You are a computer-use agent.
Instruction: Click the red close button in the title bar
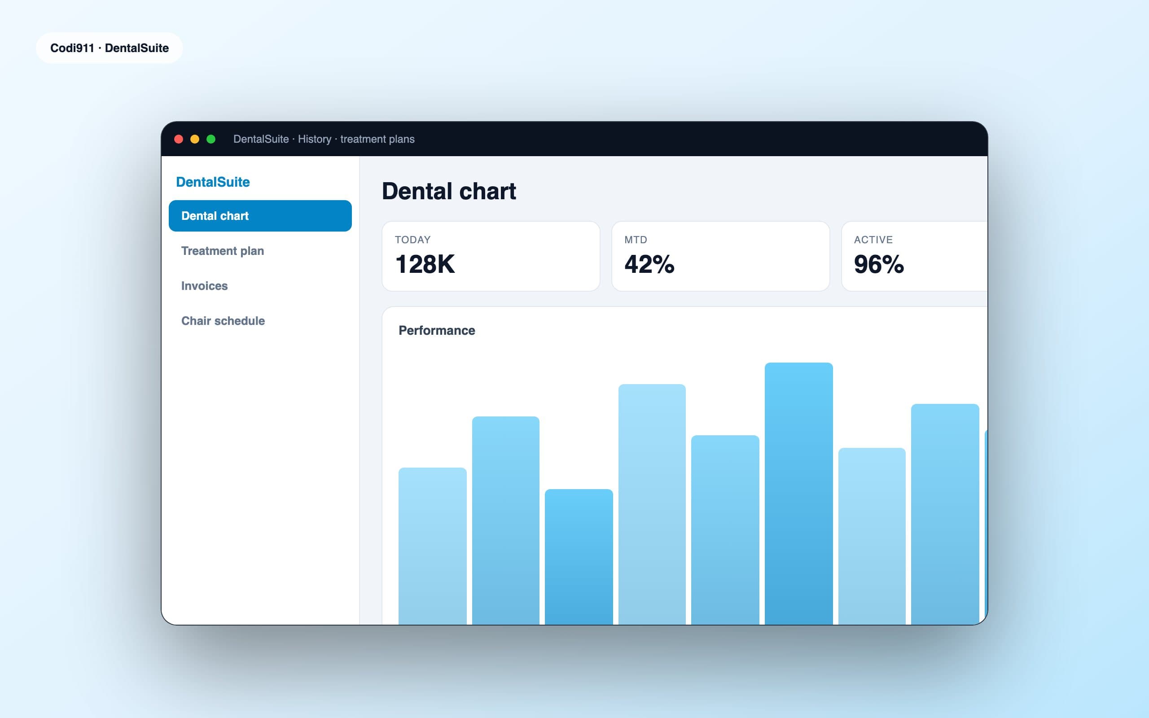[x=179, y=139]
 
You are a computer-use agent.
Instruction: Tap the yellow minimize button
[x=195, y=139]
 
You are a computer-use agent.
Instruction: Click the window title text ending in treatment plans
[x=324, y=139]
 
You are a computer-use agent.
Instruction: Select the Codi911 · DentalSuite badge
[x=110, y=48]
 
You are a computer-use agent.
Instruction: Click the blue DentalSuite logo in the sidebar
[x=213, y=182]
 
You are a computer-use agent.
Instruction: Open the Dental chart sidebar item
[x=260, y=215]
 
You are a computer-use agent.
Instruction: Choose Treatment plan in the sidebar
[x=223, y=251]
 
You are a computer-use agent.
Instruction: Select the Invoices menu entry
[x=205, y=286]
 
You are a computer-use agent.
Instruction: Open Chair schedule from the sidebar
[x=223, y=321]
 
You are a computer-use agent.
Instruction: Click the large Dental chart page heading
[x=449, y=191]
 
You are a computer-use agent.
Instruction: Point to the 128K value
[x=425, y=264]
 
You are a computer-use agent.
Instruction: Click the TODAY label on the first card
[x=412, y=240]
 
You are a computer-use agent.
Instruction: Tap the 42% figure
[x=649, y=264]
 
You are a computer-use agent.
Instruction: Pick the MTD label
[x=636, y=240]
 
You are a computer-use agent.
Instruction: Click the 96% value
[x=879, y=264]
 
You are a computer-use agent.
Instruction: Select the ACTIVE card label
[x=873, y=240]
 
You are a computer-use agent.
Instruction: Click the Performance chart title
[x=437, y=331]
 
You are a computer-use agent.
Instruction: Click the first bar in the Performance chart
[x=433, y=546]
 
